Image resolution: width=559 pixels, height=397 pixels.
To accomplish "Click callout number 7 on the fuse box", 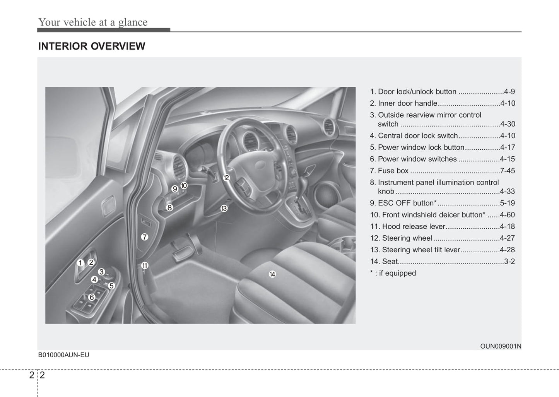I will pos(144,237).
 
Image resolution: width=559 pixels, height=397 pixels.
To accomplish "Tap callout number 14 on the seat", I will pos(272,274).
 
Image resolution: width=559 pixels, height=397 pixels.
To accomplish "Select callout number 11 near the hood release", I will pos(144,265).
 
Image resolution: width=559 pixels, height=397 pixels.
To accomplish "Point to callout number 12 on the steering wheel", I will pos(226,178).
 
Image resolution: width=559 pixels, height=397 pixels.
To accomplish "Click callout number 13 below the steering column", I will pos(224,209).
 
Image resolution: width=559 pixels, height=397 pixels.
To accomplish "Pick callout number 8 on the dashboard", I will pos(169,208).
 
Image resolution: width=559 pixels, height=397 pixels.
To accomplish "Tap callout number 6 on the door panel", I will pos(92,297).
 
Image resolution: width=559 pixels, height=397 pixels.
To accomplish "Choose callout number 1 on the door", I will pos(80,263).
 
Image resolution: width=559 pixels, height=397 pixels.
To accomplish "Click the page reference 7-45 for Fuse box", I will pos(507,171).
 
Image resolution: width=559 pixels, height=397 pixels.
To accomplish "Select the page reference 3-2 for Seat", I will pos(509,262).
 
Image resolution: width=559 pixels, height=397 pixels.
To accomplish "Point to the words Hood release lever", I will pos(414,227).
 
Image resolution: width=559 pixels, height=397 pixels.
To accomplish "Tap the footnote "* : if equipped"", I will pos(393,273).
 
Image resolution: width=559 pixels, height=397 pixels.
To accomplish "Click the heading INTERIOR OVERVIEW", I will pos(92,46).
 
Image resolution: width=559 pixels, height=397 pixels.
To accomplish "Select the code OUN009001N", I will pos(500,346).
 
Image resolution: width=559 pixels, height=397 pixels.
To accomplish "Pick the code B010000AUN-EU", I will pos(63,355).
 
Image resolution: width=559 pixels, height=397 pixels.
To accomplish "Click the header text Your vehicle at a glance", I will pos(93,22).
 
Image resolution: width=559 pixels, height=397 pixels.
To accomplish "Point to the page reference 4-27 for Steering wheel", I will pos(507,238).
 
